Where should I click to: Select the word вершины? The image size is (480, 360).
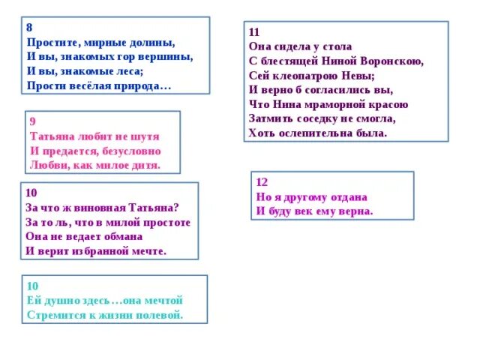(172, 56)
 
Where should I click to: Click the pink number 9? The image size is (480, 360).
(32, 121)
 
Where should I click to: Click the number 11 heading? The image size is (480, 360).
(254, 32)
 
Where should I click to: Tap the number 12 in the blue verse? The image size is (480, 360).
(262, 182)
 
